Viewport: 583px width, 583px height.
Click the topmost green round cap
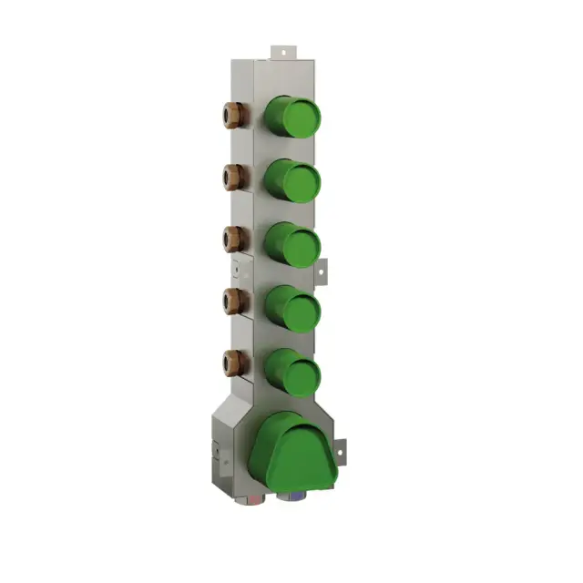coord(293,117)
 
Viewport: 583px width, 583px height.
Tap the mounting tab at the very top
coord(283,52)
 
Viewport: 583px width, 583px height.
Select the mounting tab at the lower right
coord(341,449)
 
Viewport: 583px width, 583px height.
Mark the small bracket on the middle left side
coord(240,271)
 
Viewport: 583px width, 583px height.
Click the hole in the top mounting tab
coord(283,50)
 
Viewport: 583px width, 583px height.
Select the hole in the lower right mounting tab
coord(343,448)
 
